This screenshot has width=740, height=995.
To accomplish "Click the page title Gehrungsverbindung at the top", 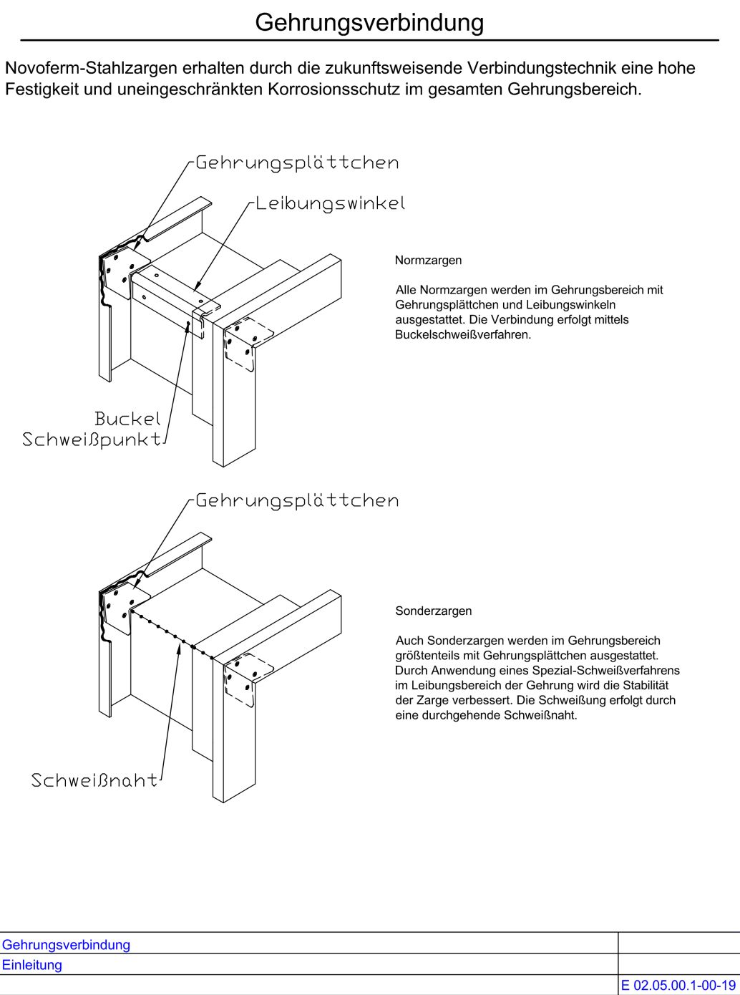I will pyautogui.click(x=369, y=23).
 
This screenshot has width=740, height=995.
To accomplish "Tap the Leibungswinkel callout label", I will pyautogui.click(x=330, y=203).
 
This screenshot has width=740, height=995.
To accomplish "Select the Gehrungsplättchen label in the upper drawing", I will pyautogui.click(x=297, y=162).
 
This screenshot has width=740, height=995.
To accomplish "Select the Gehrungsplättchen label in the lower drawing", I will pyautogui.click(x=297, y=500).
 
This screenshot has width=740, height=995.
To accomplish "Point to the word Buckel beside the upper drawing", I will pyautogui.click(x=127, y=419).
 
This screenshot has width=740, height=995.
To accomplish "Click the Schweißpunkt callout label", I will pyautogui.click(x=92, y=440).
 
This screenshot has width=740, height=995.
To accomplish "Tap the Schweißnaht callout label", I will pyautogui.click(x=94, y=780).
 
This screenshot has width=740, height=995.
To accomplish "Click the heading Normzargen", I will pyautogui.click(x=428, y=261).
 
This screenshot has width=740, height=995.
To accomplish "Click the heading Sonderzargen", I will pyautogui.click(x=433, y=611).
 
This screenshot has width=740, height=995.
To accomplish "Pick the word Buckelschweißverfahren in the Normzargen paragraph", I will pyautogui.click(x=462, y=335).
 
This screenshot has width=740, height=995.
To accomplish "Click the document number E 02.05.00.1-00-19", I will pyautogui.click(x=678, y=986).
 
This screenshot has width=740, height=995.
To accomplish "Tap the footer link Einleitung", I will pyautogui.click(x=32, y=965).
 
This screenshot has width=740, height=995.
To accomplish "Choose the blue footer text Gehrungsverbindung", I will pyautogui.click(x=66, y=945).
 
